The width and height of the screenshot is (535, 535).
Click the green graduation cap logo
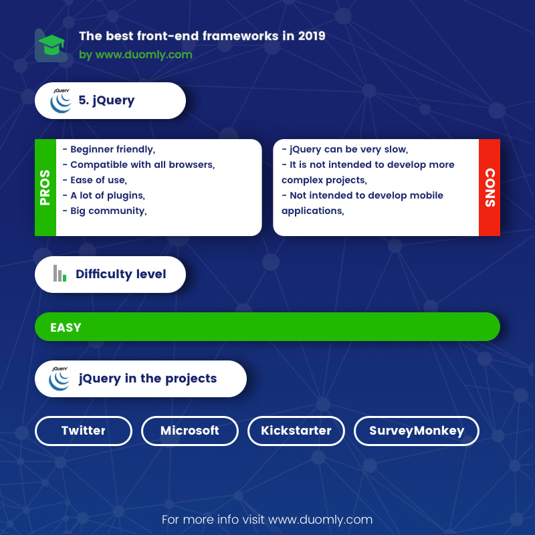tap(51, 45)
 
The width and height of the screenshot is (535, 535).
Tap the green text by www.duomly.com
tap(136, 55)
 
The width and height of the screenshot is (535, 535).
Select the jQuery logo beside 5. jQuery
tap(61, 101)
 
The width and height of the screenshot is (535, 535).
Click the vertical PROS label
tap(45, 187)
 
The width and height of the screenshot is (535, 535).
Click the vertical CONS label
tap(490, 187)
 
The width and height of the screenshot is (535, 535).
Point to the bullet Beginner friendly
tap(109, 149)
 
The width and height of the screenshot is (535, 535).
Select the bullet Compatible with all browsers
tap(138, 165)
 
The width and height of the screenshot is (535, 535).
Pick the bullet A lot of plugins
tap(104, 195)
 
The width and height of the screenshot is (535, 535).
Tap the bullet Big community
tap(104, 211)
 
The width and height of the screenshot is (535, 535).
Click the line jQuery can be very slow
tap(344, 149)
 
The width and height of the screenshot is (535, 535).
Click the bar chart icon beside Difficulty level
tap(60, 274)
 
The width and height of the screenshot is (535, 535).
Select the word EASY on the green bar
tap(66, 328)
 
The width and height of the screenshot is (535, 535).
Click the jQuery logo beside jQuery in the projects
tap(60, 379)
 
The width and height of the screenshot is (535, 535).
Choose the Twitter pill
tap(84, 431)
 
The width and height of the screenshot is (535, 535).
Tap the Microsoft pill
tap(190, 431)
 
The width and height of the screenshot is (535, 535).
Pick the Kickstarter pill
tap(296, 431)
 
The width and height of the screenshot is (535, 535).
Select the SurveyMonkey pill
tap(417, 431)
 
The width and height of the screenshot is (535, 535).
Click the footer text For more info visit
tap(213, 520)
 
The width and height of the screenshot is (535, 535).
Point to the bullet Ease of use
tap(94, 180)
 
